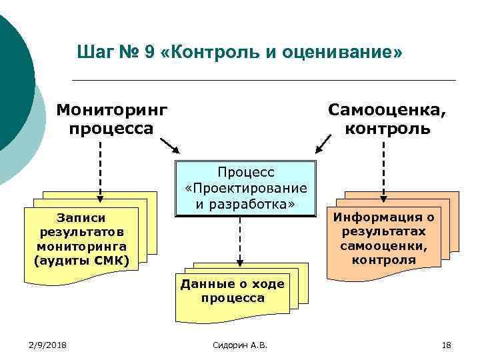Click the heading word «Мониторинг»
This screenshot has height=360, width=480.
[x=112, y=109]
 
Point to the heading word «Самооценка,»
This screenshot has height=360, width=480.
[x=387, y=109]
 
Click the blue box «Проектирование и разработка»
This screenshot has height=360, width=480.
[x=245, y=189]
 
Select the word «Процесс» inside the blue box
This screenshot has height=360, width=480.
[x=245, y=173]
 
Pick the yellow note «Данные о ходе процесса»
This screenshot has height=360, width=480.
[x=233, y=291]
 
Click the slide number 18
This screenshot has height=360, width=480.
[x=446, y=344]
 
